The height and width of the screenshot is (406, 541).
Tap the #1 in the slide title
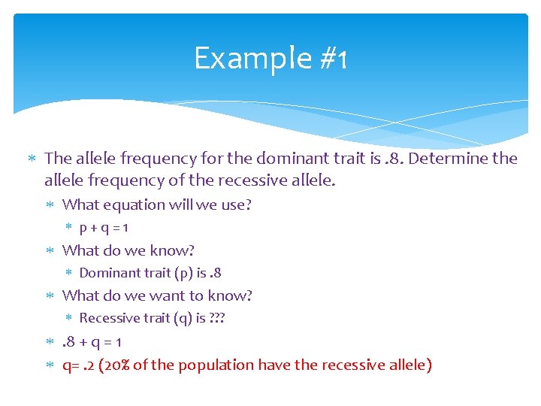[x=331, y=58]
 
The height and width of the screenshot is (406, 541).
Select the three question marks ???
[x=218, y=318]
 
